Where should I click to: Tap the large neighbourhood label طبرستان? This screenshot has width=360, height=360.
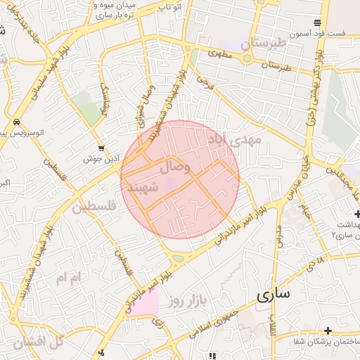(264, 43)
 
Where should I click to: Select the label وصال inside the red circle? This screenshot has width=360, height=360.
(175, 167)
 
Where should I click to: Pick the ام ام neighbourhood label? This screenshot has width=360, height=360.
(70, 278)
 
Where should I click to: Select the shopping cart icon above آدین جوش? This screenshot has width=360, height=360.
(102, 148)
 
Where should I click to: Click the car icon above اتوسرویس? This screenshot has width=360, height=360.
(15, 122)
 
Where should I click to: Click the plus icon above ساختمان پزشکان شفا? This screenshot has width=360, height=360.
(328, 330)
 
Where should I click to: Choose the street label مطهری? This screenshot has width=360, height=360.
(220, 53)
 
